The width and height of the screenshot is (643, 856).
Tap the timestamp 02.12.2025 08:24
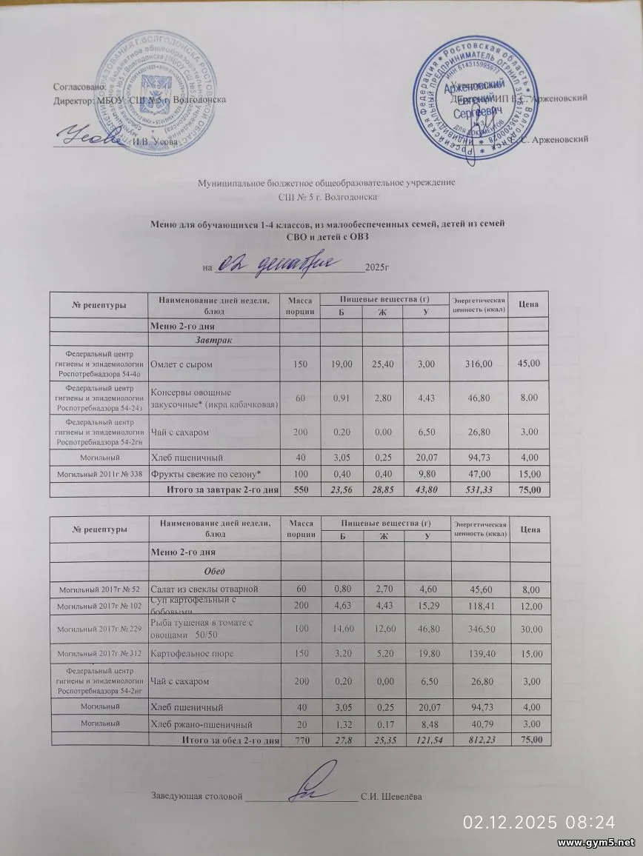click(539, 822)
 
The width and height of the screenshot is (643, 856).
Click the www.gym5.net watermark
click(596, 843)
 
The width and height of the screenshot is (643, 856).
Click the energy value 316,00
click(478, 364)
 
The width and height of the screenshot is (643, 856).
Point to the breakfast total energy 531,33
click(478, 489)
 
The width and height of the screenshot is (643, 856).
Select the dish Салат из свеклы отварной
click(204, 589)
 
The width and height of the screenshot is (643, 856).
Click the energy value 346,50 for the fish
click(478, 629)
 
